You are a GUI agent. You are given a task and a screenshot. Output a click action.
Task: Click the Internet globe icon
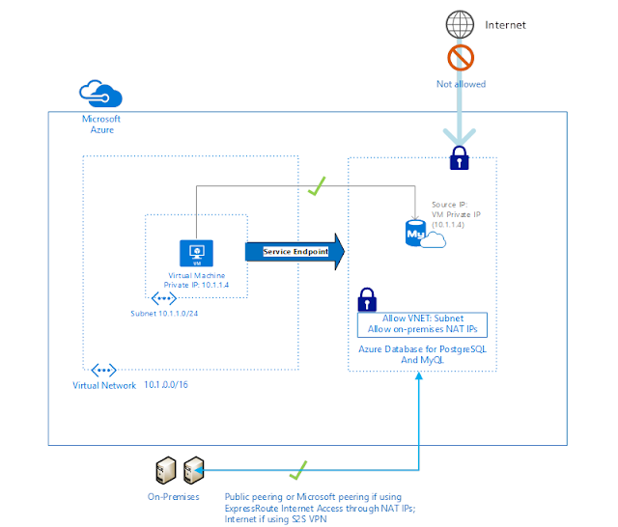point(460,24)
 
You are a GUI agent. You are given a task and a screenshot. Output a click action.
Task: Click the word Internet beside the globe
point(505,25)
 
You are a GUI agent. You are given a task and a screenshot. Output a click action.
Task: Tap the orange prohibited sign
point(461,58)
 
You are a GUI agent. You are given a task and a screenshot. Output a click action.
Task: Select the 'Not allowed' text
point(461,84)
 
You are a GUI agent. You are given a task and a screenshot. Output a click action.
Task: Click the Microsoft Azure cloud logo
point(100,94)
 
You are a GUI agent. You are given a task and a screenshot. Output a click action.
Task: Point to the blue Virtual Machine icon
point(196,253)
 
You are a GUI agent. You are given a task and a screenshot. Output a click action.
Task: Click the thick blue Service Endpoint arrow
point(295,252)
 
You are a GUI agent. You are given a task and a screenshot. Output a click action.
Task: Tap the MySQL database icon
point(425,234)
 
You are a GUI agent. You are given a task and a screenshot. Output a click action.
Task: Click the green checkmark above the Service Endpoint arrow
point(317,186)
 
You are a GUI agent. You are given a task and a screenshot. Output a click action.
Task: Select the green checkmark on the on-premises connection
point(298,470)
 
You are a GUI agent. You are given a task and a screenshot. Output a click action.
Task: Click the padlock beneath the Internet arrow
point(460,158)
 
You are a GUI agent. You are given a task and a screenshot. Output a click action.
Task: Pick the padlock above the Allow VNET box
point(367,300)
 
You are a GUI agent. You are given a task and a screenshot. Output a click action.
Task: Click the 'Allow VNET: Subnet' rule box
point(422,325)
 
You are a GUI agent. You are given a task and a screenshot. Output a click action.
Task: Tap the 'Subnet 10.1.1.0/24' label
point(164,314)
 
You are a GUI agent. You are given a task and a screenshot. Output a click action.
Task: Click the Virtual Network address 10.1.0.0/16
point(166,385)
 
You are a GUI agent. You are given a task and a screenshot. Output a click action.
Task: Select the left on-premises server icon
point(165,470)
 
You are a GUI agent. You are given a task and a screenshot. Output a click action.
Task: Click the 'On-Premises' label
point(174,497)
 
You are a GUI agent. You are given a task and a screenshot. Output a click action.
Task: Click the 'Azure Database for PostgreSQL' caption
point(422,349)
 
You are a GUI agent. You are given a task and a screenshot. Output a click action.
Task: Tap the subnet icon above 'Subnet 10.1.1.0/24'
point(164,298)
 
